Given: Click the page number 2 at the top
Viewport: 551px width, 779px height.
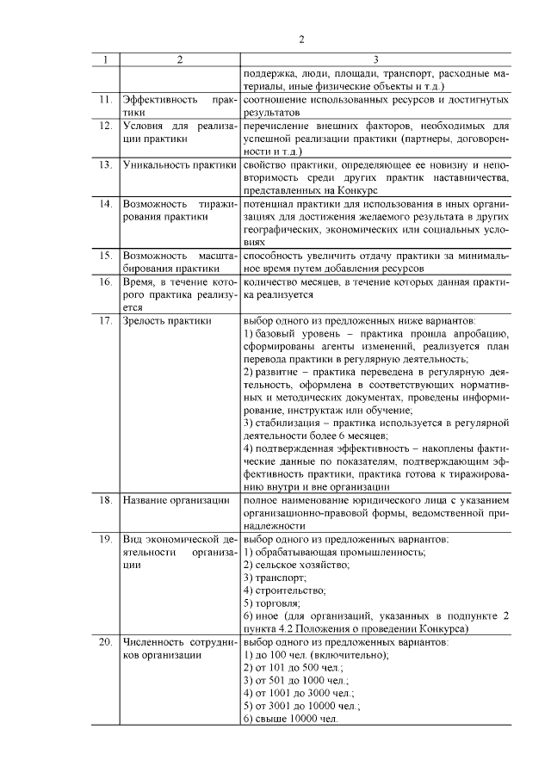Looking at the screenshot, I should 301,39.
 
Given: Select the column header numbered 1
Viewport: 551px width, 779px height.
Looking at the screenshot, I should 105,59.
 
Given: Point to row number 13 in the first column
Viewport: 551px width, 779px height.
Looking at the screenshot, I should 105,164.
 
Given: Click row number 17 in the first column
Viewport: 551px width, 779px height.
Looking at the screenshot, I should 105,321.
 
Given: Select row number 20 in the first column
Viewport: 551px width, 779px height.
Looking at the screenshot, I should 105,641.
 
